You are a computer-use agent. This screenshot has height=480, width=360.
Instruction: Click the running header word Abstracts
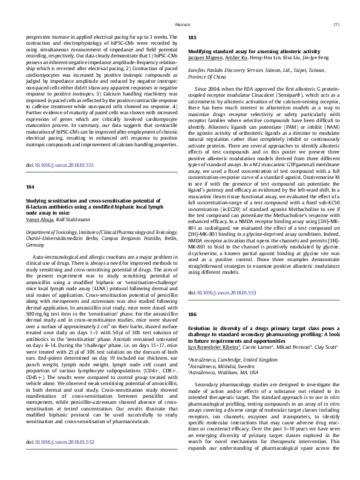click(182, 24)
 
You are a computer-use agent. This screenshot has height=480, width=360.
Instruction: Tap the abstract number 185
click(193, 37)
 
